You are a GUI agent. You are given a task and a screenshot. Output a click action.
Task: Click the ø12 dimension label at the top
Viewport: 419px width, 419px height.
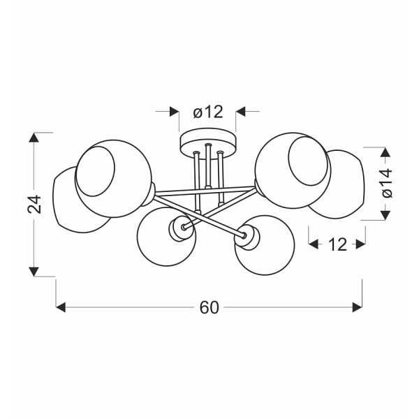click(208, 112)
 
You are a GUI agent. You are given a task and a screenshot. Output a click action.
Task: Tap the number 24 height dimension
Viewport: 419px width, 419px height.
click(34, 205)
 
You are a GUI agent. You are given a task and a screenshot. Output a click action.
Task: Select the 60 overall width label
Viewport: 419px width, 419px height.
click(209, 307)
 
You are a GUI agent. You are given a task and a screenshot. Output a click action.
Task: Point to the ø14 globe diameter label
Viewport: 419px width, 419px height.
click(387, 183)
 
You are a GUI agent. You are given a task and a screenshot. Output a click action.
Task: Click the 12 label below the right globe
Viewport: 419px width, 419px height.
click(337, 244)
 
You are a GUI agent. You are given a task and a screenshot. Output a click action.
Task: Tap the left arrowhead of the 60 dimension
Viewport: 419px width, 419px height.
click(61, 307)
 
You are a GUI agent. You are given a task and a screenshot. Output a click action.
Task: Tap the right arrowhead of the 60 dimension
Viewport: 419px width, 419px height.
click(358, 307)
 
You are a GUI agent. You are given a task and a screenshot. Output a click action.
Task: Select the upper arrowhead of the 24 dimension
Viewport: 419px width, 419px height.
click(34, 138)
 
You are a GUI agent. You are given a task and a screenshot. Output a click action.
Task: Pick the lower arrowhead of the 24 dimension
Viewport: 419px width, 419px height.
click(34, 272)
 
